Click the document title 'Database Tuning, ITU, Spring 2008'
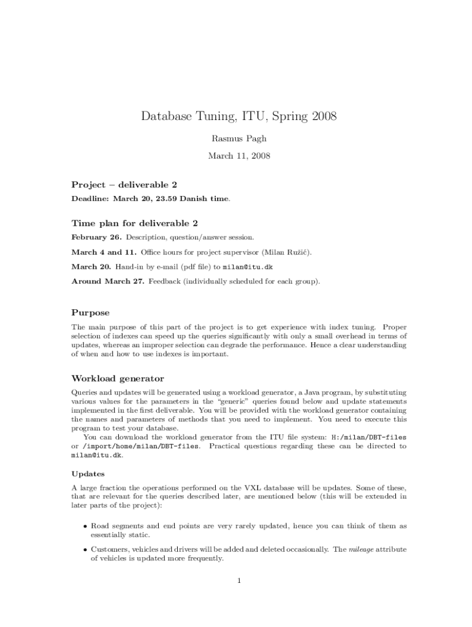click(x=239, y=116)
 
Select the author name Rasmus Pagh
click(x=239, y=139)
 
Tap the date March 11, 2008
click(x=239, y=156)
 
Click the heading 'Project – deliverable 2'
click(x=124, y=185)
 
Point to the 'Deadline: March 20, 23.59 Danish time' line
click(x=151, y=199)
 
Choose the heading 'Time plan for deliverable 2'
click(x=134, y=223)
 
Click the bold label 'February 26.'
click(x=97, y=238)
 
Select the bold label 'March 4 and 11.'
click(x=104, y=252)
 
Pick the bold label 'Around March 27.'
click(x=108, y=282)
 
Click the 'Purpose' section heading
click(x=91, y=313)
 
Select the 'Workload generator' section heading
click(x=118, y=379)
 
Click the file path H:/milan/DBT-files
click(x=368, y=438)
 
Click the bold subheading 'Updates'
click(x=88, y=474)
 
